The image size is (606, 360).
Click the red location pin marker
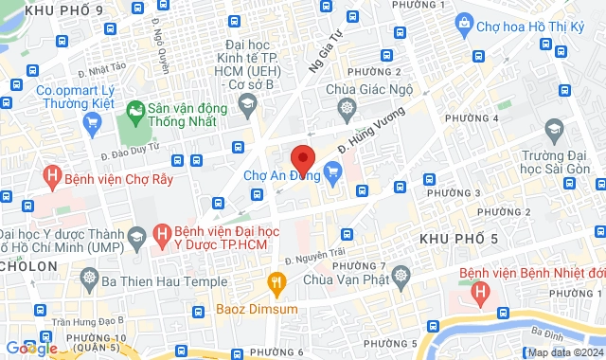tap(303, 158)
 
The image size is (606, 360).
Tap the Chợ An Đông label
tap(280, 174)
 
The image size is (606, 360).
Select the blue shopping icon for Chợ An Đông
tap(332, 171)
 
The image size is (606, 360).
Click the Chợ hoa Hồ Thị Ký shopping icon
tap(464, 22)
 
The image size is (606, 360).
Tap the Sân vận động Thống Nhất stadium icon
tap(138, 109)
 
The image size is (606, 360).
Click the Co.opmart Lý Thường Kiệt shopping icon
tap(92, 121)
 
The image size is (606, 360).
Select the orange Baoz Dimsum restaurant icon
tap(276, 281)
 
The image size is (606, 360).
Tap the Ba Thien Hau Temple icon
tap(90, 280)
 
